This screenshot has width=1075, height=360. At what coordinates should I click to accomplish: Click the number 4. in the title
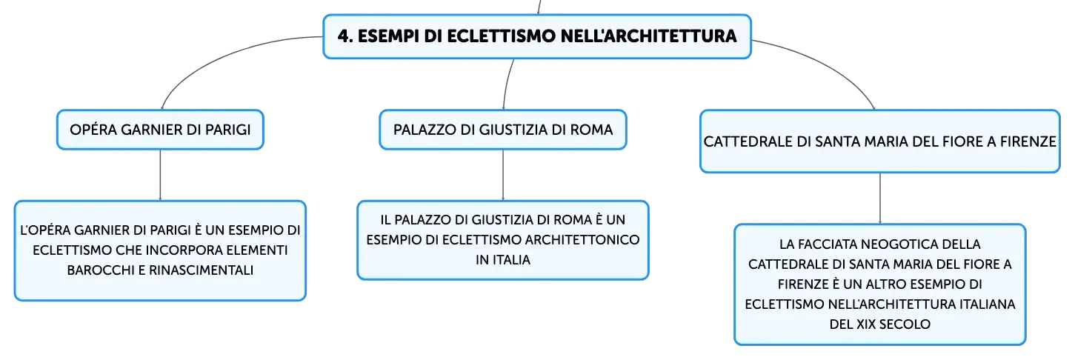(345, 36)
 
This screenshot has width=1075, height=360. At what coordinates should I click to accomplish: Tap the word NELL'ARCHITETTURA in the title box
(648, 36)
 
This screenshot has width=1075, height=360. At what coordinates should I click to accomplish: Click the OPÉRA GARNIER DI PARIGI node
(160, 130)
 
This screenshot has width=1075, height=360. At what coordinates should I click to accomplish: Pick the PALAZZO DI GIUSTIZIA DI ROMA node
(503, 130)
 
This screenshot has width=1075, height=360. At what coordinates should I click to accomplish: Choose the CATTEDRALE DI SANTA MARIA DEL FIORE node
(879, 141)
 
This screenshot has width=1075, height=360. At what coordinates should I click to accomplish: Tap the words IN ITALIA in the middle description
(503, 260)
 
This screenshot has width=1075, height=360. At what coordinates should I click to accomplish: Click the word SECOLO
(905, 324)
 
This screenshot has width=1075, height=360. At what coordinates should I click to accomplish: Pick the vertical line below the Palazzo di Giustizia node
(503, 175)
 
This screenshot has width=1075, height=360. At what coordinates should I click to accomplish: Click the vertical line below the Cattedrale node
(879, 198)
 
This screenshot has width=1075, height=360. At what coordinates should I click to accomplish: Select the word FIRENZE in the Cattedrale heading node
(1028, 141)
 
